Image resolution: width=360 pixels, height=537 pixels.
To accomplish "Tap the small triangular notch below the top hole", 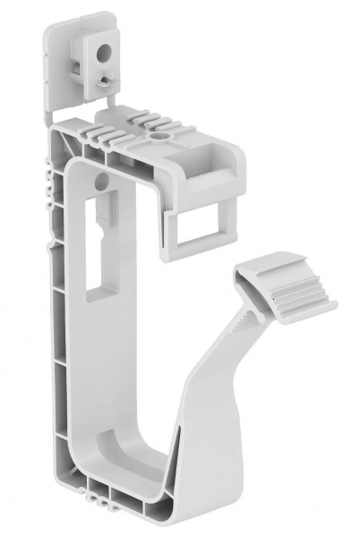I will tap(107, 80).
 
